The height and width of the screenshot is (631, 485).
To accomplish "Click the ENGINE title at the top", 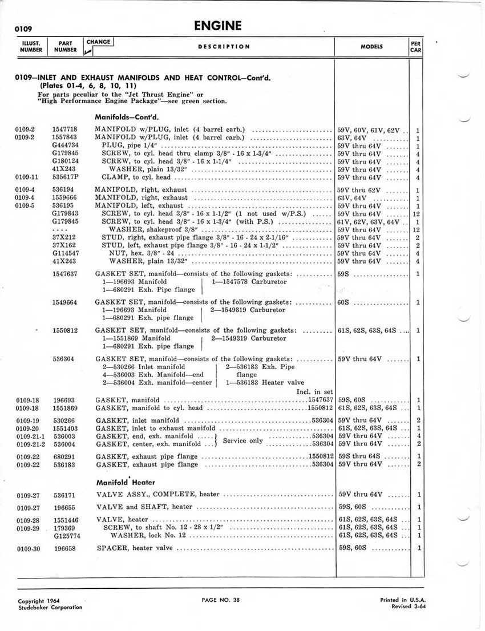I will coord(217,26).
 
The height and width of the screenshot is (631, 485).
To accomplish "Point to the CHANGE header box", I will coord(99,42).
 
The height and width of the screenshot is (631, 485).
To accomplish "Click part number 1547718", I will coord(65,130).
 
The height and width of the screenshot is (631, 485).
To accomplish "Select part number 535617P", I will coord(65,177).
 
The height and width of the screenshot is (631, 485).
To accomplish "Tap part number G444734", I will coord(65,145).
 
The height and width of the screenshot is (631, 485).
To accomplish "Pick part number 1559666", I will coord(65,197).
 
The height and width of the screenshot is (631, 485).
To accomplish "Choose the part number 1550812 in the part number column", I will coord(65,330).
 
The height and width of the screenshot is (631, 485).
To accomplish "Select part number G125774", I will coord(66,536).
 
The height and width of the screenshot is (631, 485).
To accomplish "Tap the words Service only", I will coord(242,440).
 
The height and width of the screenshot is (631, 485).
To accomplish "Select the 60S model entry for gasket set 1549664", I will coord(343,302).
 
